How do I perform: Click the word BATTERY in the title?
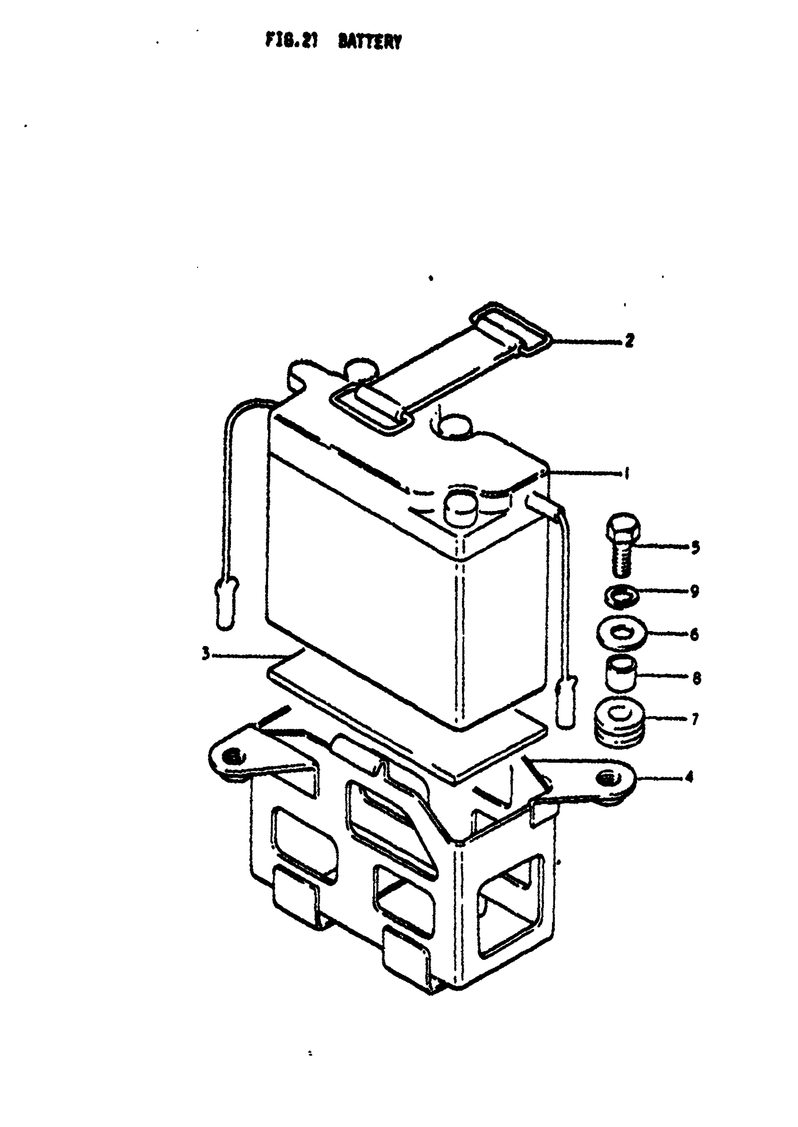point(369,42)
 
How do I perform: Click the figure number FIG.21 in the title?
point(292,40)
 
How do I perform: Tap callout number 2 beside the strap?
point(629,340)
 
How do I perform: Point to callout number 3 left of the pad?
point(207,654)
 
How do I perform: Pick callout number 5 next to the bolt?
point(695,548)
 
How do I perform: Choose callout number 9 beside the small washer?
point(694,591)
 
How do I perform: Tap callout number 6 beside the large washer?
point(694,634)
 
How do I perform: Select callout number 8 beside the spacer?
point(696,678)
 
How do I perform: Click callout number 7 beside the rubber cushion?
point(695,720)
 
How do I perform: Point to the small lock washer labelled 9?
point(622,595)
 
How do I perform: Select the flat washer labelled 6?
point(621,634)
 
